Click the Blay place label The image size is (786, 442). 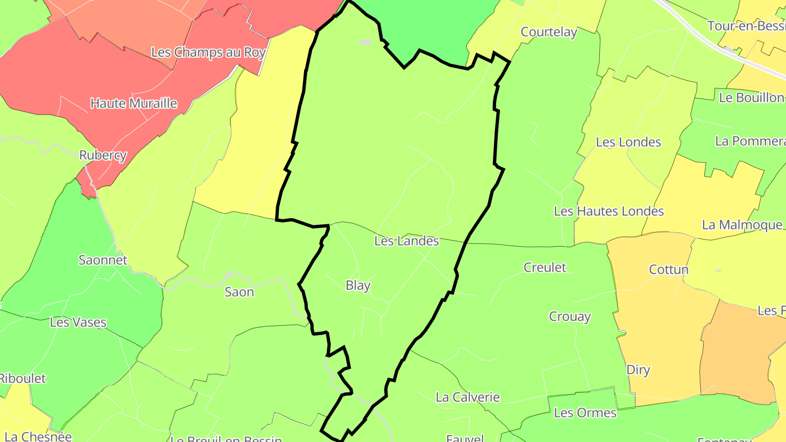358,285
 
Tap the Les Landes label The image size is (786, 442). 407,241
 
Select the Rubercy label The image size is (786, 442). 103,155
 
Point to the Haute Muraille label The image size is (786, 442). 134,103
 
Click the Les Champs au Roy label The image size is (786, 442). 208,52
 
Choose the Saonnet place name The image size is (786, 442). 103,260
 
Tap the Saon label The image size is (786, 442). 239,292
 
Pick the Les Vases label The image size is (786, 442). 78,322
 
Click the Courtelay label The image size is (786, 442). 549,32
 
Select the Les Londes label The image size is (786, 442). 628,142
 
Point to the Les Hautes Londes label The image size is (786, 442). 609,211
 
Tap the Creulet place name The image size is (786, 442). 545,267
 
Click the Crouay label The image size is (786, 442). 570,316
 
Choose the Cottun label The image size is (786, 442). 669,270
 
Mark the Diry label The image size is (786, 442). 638,370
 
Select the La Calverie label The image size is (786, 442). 467,397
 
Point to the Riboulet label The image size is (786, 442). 22,378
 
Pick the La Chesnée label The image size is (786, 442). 38,437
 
